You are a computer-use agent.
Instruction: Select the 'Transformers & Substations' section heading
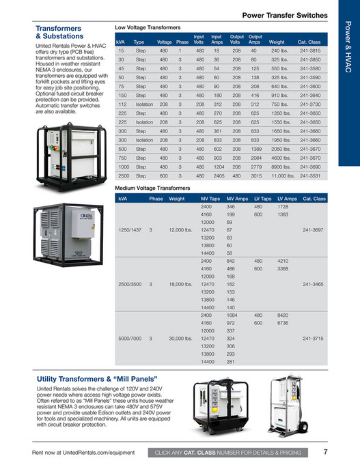(59, 32)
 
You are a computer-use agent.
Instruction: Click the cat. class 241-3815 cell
(313, 51)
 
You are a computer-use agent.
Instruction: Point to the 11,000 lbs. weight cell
(282, 175)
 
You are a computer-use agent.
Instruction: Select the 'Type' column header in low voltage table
(139, 41)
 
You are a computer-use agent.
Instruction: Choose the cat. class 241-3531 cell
(313, 175)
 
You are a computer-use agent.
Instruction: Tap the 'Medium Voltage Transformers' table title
(152, 187)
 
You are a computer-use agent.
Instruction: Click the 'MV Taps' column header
(210, 199)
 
